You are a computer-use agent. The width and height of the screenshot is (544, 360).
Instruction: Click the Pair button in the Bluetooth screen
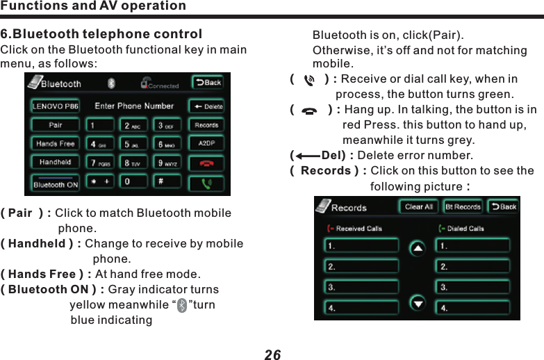point(55,126)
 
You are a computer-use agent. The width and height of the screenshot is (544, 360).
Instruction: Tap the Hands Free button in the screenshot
point(55,144)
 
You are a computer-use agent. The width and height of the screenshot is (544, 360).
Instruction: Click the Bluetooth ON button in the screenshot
point(55,185)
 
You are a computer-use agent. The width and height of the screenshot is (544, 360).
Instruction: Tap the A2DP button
point(206,144)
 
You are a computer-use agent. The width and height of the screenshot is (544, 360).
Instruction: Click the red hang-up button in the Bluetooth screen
point(206,163)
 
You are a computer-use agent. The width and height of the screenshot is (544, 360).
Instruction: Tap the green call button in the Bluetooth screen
point(206,184)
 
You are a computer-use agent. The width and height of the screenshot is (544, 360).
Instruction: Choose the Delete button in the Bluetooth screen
point(206,106)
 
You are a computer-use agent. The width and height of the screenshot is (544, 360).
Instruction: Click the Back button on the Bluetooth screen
point(207,83)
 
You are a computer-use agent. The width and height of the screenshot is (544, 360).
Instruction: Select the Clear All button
point(418,207)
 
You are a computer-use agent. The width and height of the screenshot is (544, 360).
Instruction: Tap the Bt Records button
point(463,207)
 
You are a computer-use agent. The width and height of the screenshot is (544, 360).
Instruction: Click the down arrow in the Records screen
point(418,302)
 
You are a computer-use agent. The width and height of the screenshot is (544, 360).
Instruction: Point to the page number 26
point(272,354)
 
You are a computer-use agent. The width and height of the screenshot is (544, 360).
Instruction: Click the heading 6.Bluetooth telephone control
point(101,34)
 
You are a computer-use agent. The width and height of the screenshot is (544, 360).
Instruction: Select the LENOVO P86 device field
point(55,107)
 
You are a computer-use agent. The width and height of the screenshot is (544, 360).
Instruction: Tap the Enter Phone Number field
point(134,106)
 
